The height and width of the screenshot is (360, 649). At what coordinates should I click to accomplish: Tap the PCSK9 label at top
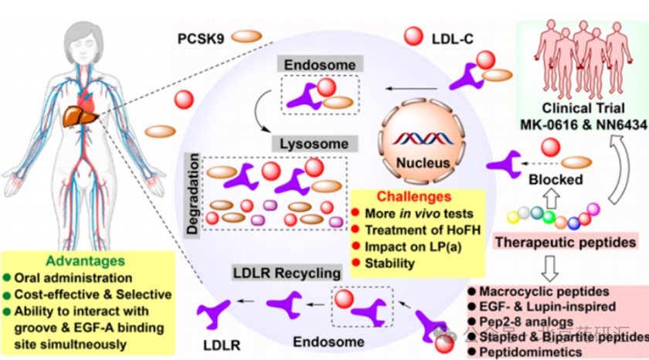point(200,36)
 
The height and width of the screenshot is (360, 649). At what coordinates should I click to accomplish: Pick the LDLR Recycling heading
point(287,273)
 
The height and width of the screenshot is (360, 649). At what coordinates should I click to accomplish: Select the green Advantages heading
point(84,261)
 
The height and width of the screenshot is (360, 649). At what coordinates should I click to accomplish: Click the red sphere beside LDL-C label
point(414,35)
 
